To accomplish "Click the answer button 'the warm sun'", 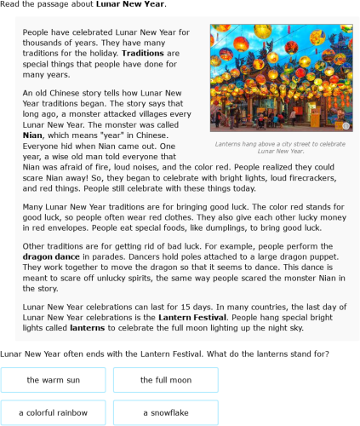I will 54,380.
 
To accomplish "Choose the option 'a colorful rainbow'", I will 54,412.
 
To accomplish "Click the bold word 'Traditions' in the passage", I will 143,53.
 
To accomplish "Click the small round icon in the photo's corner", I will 346,125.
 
